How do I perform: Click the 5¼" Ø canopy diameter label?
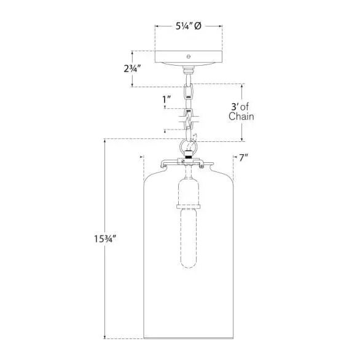pos(189,26)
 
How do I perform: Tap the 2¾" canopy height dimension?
pos(132,68)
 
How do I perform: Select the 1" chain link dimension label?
pos(167,100)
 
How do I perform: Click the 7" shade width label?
pos(244,158)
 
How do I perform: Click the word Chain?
pos(241,116)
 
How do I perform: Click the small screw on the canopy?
pos(189,57)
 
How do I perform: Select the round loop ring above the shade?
pos(188,147)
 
